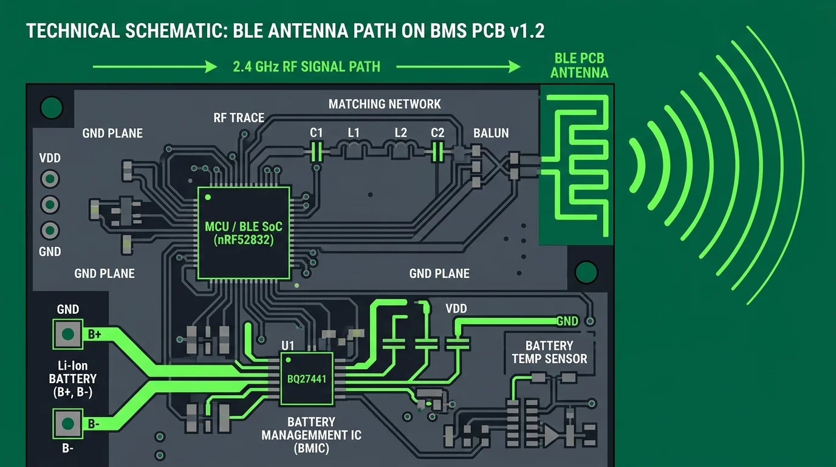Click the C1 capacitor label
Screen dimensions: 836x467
(x=316, y=133)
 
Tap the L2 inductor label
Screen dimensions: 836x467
(x=401, y=133)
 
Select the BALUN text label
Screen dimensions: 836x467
(x=491, y=133)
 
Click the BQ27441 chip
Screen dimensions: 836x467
(x=306, y=379)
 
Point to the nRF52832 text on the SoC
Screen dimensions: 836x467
(x=244, y=240)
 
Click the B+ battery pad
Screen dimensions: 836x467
(x=67, y=334)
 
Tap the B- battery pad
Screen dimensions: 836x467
(x=67, y=424)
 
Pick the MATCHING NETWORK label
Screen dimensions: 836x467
(x=385, y=104)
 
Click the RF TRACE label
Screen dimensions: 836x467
(x=239, y=118)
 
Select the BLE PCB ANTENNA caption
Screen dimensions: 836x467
(x=579, y=66)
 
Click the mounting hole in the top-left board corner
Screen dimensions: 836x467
(x=51, y=108)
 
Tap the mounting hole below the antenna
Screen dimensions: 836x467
(x=586, y=272)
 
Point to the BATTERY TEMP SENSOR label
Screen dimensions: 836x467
(x=549, y=352)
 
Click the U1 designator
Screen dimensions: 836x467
(x=288, y=345)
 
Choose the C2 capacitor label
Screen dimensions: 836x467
(x=437, y=133)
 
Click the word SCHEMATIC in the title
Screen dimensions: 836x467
(x=174, y=30)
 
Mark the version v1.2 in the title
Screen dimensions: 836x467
(x=527, y=30)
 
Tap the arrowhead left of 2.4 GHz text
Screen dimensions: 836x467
(x=211, y=67)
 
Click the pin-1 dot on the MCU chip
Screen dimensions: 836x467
(x=208, y=197)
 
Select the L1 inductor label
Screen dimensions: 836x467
(x=354, y=133)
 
